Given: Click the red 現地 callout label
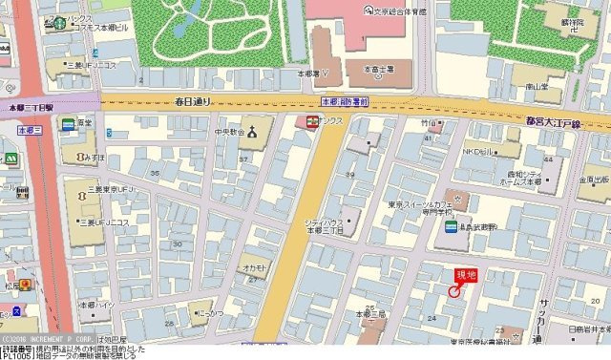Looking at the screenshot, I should (x=464, y=276).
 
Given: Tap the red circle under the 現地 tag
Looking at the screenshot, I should (x=453, y=291).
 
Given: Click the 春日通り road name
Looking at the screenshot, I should (x=193, y=100).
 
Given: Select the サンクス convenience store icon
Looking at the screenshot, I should (x=309, y=121).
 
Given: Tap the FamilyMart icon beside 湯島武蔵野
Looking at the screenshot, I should (x=450, y=226).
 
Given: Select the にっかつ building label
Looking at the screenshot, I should (x=211, y=311).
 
